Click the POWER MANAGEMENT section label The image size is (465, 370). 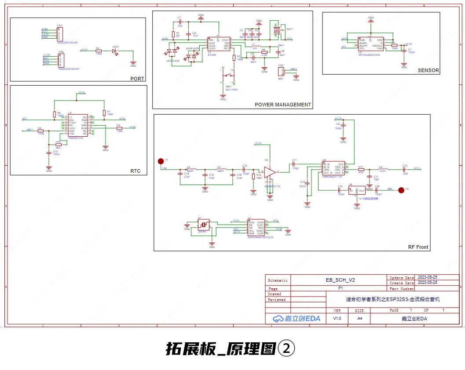(283, 105)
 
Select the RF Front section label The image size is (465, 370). (417, 247)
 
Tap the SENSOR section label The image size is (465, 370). (428, 70)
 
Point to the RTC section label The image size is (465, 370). (135, 171)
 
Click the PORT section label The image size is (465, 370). (137, 79)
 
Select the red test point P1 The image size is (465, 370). (161, 161)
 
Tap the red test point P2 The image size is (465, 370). (401, 190)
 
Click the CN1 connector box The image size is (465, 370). (60, 33)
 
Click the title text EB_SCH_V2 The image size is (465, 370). (340, 279)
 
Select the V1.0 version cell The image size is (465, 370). (337, 319)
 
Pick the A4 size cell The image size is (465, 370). (359, 319)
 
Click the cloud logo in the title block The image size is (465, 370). (278, 319)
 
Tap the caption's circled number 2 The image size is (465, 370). (286, 348)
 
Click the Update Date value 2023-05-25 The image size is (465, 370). (427, 277)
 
